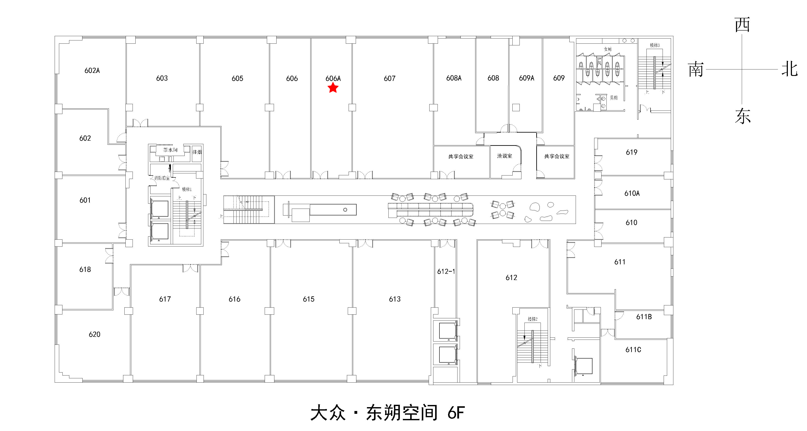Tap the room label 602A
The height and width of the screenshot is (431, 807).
pyautogui.click(x=92, y=70)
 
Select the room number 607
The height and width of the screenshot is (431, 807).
pyautogui.click(x=389, y=78)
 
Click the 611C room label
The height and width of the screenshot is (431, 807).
pyautogui.click(x=633, y=350)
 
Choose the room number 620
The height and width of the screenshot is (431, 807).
pyautogui.click(x=94, y=334)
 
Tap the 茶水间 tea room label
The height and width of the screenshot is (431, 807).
pyautogui.click(x=170, y=150)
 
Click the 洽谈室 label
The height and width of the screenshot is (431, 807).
pyautogui.click(x=504, y=156)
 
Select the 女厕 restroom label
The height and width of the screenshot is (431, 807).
pyautogui.click(x=608, y=49)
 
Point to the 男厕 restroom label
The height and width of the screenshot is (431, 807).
pyautogui.click(x=613, y=98)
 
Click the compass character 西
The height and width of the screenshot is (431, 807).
pyautogui.click(x=742, y=25)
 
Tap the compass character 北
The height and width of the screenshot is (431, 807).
pyautogui.click(x=789, y=69)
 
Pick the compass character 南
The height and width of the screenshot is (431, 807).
pyautogui.click(x=696, y=69)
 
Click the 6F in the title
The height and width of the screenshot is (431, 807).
pyautogui.click(x=456, y=413)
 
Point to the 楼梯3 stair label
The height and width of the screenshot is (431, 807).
pyautogui.click(x=654, y=45)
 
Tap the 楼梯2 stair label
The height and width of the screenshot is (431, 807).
pyautogui.click(x=532, y=319)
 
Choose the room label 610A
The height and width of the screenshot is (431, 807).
pyautogui.click(x=632, y=193)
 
